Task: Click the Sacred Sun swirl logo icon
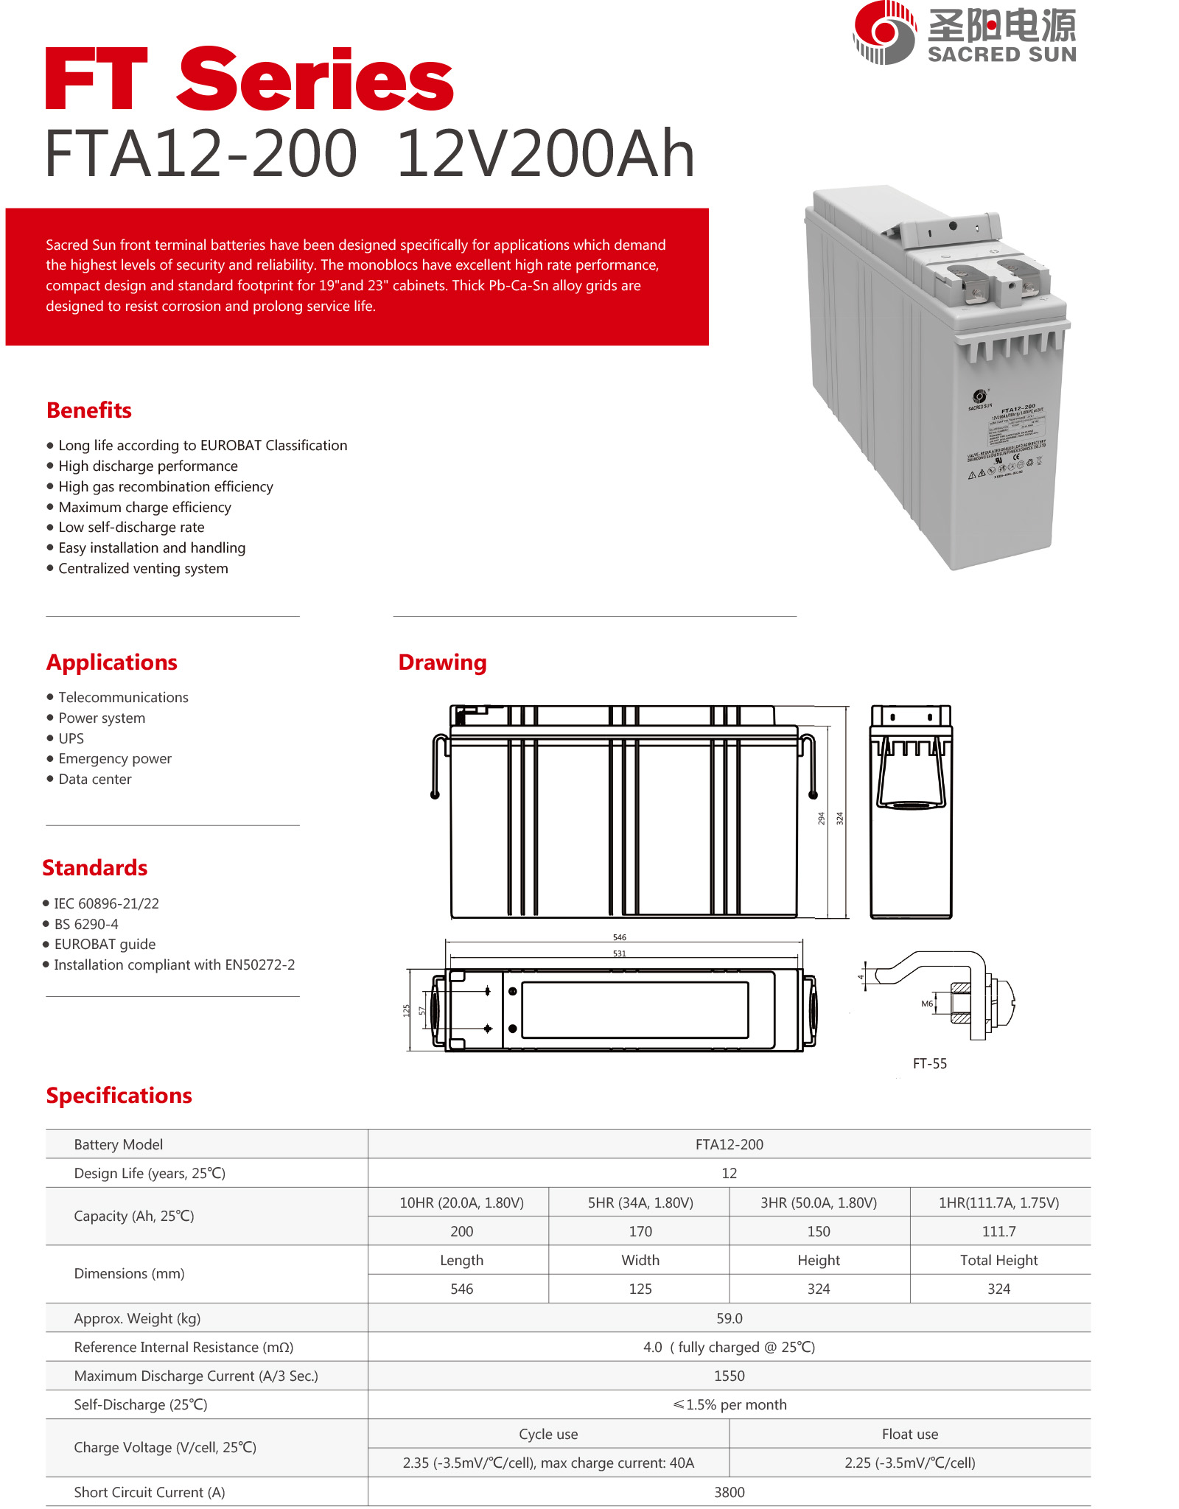(884, 32)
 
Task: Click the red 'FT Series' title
(249, 79)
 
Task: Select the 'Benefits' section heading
(89, 410)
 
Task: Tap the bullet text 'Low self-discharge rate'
(131, 528)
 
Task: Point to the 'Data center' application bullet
(95, 780)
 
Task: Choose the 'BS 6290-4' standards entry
(86, 924)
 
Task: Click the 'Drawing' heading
(442, 662)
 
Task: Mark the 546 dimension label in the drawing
(620, 937)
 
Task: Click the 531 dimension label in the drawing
(620, 953)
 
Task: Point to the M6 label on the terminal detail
(927, 1004)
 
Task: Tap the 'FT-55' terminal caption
(930, 1064)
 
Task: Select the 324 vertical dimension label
(839, 818)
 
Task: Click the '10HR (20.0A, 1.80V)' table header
(461, 1203)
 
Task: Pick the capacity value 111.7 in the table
(998, 1232)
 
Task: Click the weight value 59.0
(729, 1318)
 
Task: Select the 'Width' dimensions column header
(640, 1261)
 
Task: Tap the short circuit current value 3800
(729, 1492)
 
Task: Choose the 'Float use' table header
(909, 1435)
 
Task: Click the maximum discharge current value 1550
(729, 1376)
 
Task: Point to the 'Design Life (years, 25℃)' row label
(150, 1174)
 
